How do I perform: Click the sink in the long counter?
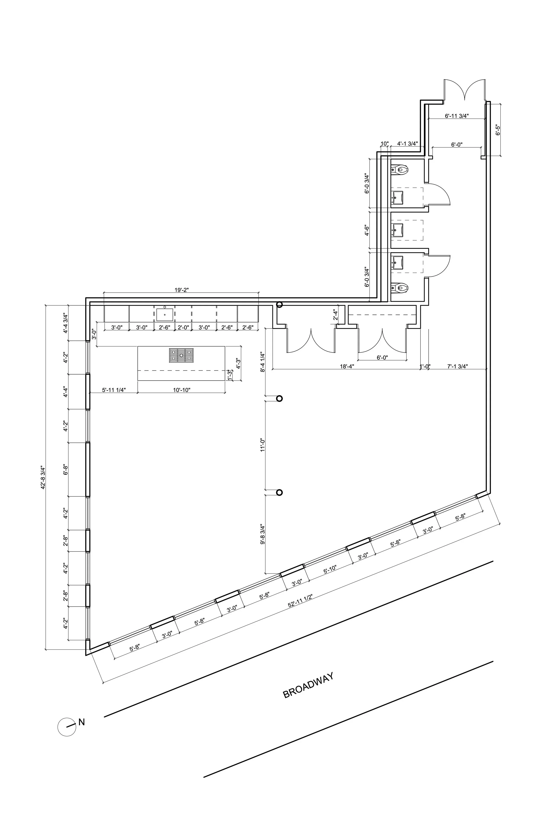(165, 314)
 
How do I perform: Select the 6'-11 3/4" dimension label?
(457, 116)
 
